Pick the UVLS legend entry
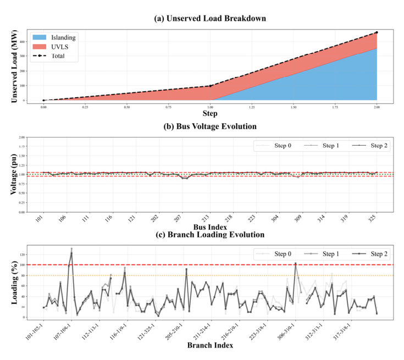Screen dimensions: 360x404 click(60, 47)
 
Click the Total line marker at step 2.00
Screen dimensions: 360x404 click(377, 32)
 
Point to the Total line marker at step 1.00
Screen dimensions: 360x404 click(210, 86)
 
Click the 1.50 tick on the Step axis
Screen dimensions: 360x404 click(293, 107)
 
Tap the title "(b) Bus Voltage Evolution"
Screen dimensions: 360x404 click(211, 126)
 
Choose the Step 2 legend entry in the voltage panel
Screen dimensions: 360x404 click(373, 146)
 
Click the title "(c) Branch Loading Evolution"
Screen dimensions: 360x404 click(211, 235)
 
